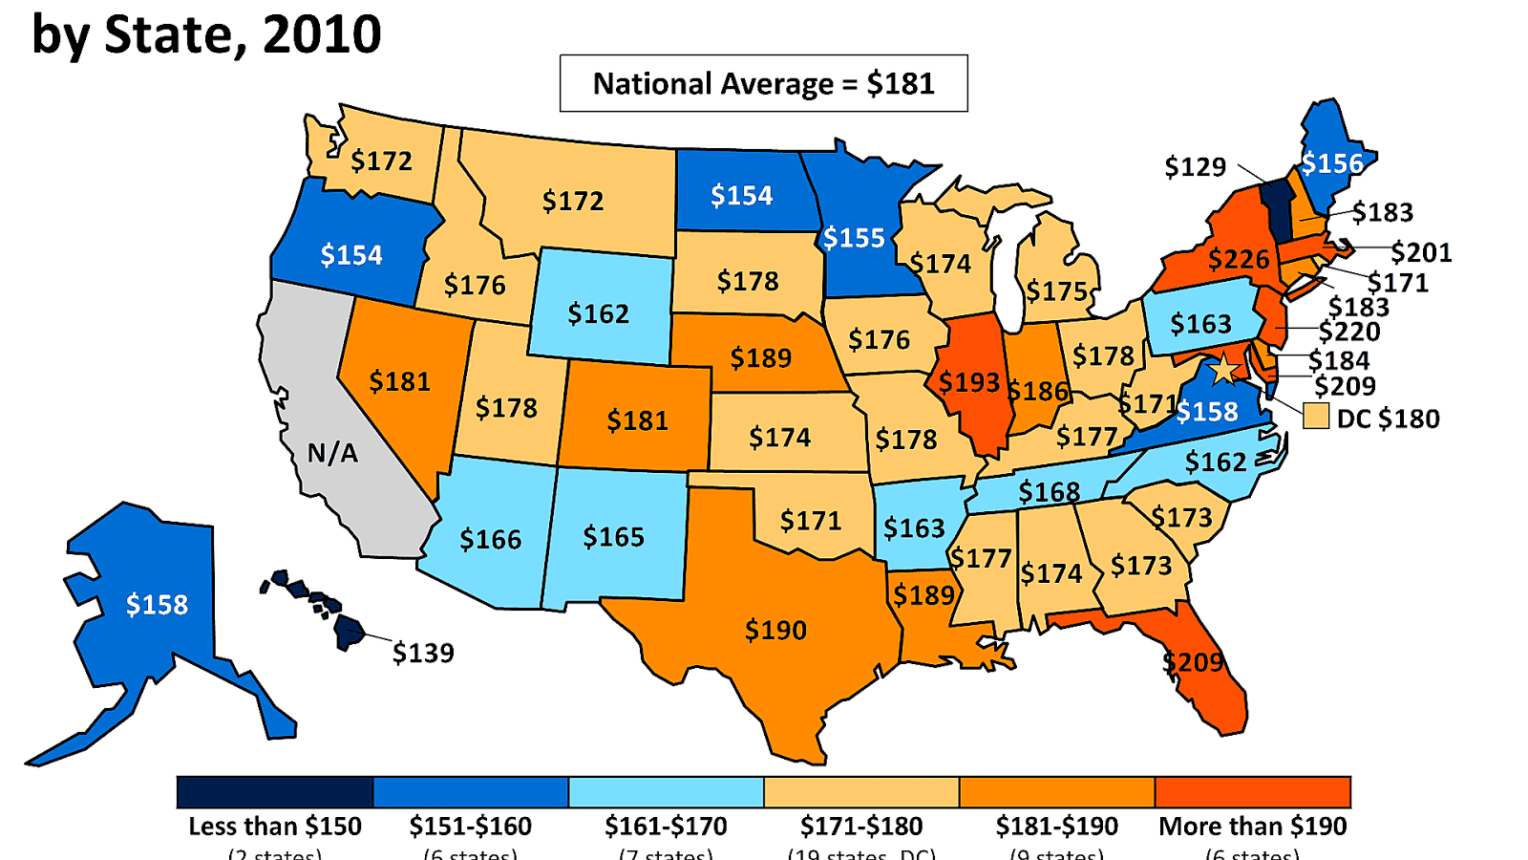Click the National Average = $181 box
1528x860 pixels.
pos(763,84)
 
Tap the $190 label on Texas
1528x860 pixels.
pos(775,631)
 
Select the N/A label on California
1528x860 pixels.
pos(332,453)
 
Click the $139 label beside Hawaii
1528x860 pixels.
pos(423,654)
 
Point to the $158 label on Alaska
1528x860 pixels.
pos(158,605)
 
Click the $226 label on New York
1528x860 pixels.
pos(1239,260)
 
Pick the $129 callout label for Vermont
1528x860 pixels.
pos(1195,167)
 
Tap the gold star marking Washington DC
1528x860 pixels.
pos(1222,369)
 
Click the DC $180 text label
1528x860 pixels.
pos(1388,419)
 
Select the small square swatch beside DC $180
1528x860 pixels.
pos(1316,417)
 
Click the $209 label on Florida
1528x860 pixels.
pos(1193,662)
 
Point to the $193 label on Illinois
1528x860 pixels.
pos(968,383)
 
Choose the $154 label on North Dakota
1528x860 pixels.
pos(741,196)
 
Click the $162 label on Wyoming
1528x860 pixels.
pos(599,314)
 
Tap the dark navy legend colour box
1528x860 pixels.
pos(275,792)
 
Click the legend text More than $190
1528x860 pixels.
pos(1252,827)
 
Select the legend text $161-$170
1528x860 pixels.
pos(666,827)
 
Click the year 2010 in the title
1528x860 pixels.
pos(322,36)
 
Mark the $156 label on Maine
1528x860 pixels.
pos(1332,164)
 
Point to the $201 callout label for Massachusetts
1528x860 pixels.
pos(1421,253)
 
